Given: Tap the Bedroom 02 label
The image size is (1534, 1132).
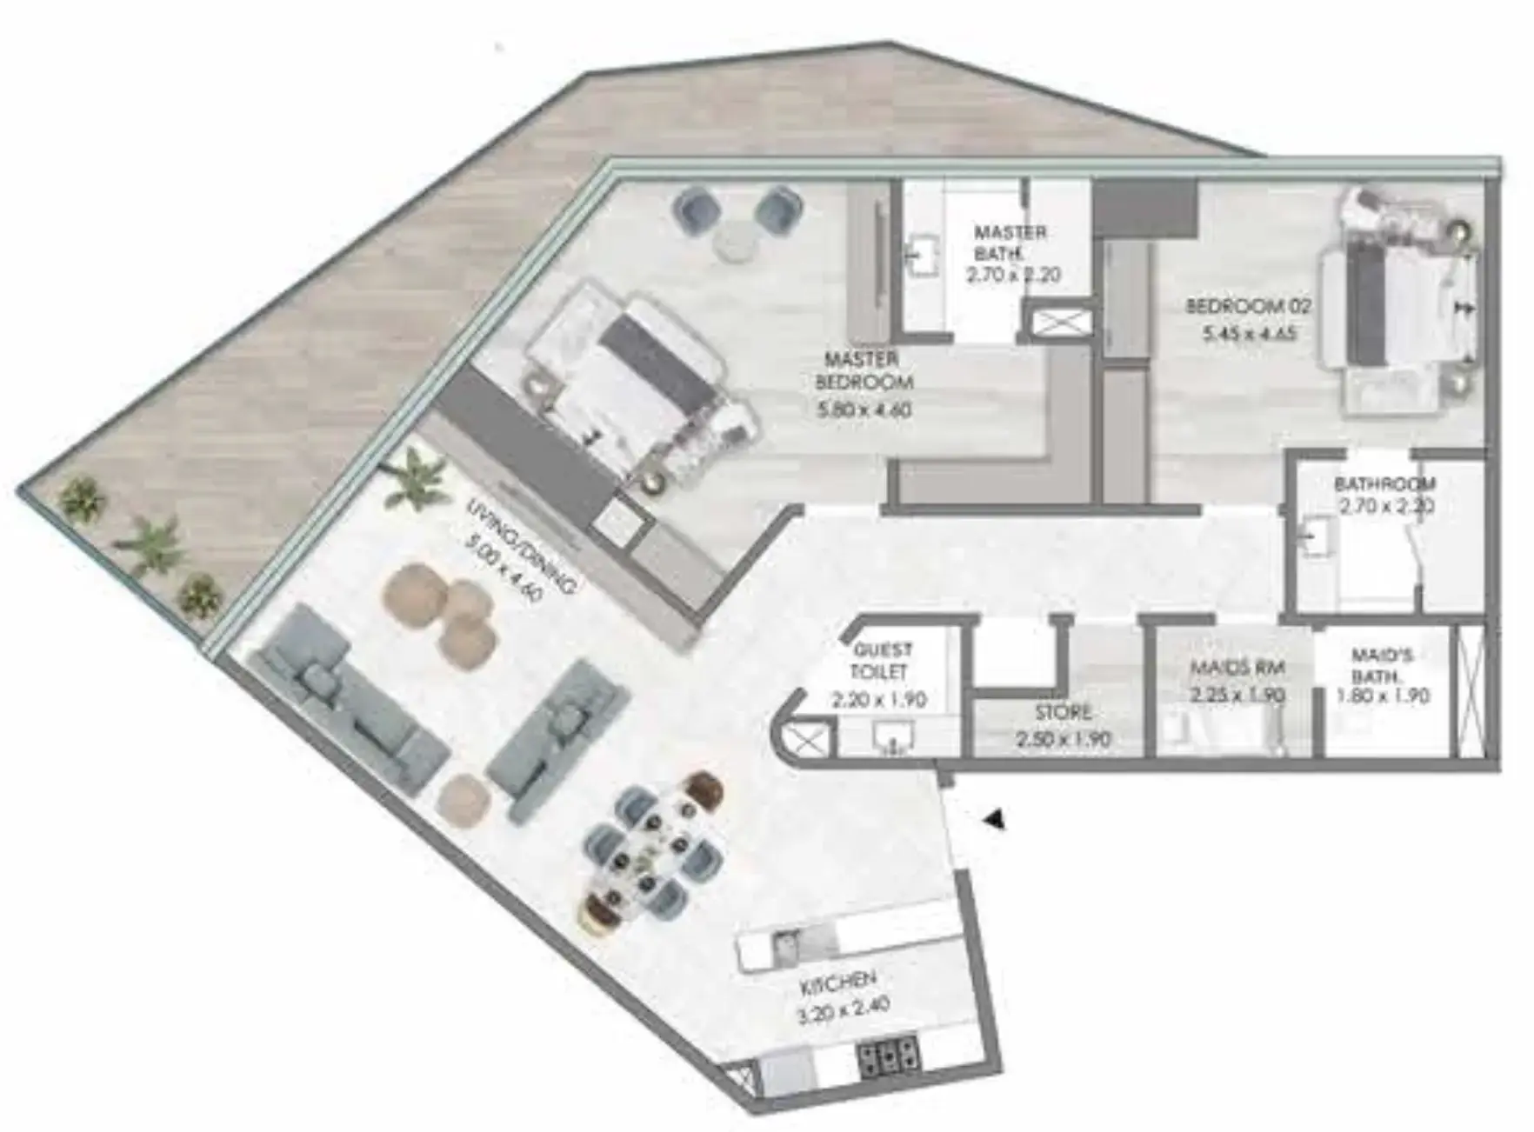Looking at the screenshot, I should pos(1247,306).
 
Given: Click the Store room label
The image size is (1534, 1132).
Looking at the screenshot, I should pos(1063,713).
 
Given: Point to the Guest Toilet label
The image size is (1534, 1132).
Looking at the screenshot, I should pos(882,661).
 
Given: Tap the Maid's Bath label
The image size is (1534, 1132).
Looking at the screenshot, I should pos(1382,665).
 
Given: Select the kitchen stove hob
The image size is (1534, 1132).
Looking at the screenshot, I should pos(887,1059).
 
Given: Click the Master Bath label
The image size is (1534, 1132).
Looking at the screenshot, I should pos(1009,243).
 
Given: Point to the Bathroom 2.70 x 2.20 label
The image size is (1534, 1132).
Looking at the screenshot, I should pos(1384,494).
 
